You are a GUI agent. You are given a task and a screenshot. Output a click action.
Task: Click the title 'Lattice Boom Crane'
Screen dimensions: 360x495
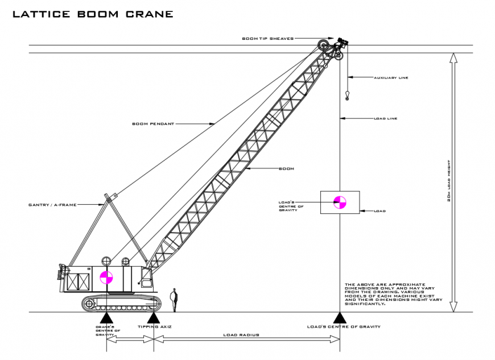(x=93, y=14)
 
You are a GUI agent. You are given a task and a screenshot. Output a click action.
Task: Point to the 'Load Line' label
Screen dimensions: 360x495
(x=385, y=118)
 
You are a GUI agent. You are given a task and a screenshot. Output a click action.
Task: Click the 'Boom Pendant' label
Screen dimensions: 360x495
(x=153, y=123)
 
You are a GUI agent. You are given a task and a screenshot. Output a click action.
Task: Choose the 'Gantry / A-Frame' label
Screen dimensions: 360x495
(x=52, y=205)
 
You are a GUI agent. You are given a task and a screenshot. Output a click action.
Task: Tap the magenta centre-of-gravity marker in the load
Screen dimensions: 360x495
(x=340, y=201)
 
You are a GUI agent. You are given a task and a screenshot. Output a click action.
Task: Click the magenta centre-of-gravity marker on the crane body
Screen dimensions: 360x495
(x=106, y=278)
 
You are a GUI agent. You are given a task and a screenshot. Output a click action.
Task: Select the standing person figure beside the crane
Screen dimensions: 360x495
(x=175, y=300)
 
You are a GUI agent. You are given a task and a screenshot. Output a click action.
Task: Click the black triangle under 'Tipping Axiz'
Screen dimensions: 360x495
(x=153, y=317)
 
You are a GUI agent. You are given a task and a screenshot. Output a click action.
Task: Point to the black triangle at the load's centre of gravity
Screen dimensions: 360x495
(x=340, y=317)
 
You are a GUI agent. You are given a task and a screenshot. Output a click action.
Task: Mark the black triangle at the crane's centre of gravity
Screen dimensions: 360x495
(x=106, y=317)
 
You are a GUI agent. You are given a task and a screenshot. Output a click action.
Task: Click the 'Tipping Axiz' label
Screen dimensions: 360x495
(x=155, y=326)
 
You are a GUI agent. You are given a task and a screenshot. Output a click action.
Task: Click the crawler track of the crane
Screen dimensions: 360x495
(x=119, y=303)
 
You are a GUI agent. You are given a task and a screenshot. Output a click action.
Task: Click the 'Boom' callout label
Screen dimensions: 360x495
(x=286, y=169)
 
